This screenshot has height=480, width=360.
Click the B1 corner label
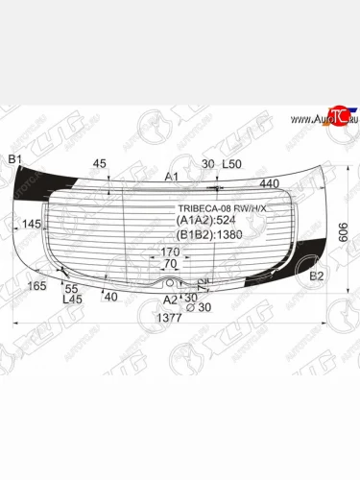tap(14, 158)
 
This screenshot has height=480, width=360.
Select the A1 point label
tap(171, 177)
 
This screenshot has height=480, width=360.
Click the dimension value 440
tap(269, 182)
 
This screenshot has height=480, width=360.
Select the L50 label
tap(231, 164)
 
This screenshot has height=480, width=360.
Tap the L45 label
tap(71, 299)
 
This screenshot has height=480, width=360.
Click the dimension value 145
tap(32, 224)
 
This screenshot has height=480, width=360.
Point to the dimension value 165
tap(37, 286)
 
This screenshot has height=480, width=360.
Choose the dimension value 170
tap(170, 252)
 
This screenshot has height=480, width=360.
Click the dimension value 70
tap(170, 263)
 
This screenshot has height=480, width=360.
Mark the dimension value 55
tap(72, 288)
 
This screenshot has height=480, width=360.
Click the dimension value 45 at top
tap(101, 163)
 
